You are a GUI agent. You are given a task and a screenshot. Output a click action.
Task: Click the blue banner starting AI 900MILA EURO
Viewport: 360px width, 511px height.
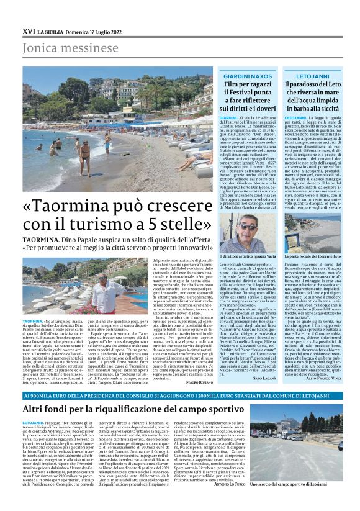[x=180, y=394]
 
